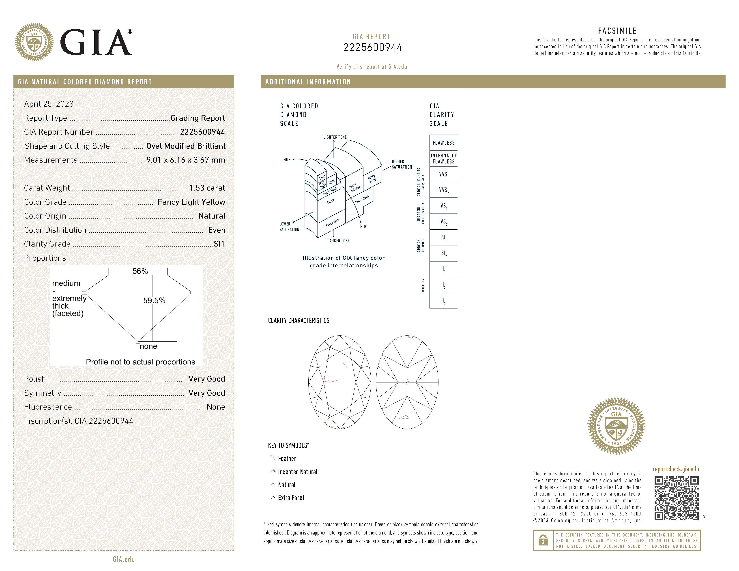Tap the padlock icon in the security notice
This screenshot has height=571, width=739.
coord(543,540)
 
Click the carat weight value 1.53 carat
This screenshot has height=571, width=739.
coord(207,188)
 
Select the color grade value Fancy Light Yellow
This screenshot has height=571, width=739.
coord(191,202)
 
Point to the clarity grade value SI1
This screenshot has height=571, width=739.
coord(219,244)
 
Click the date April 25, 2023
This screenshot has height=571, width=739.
coord(49,104)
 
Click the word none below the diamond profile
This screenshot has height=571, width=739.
coord(148,346)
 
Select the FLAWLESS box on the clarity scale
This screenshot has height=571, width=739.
coord(443,143)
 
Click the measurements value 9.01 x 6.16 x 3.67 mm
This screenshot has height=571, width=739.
coord(185,160)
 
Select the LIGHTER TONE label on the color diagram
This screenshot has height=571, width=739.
coord(335,137)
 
